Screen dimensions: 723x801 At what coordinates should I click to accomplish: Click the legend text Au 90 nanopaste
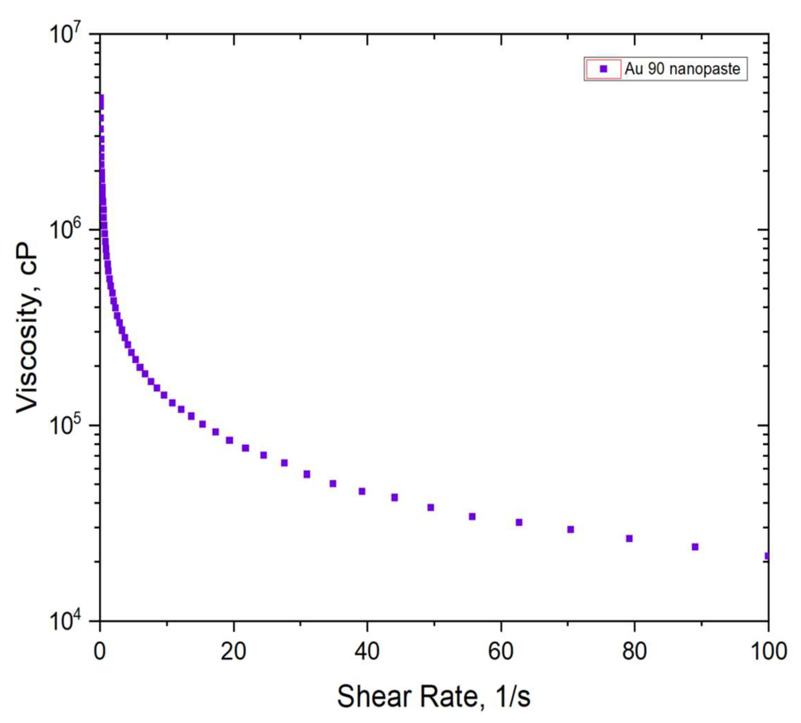click(682, 69)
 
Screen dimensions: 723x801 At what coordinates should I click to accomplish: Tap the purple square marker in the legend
click(603, 69)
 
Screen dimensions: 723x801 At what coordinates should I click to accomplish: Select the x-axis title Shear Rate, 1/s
click(433, 696)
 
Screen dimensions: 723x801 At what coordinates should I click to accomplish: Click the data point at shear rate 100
click(767, 556)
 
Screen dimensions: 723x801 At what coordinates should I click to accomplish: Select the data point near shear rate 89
click(695, 547)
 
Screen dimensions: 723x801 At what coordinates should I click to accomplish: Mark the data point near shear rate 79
click(629, 539)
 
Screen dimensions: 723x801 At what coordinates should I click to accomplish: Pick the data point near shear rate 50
click(431, 507)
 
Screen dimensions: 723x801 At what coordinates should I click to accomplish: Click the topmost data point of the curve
click(101, 97)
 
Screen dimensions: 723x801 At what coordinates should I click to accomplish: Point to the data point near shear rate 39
click(362, 491)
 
